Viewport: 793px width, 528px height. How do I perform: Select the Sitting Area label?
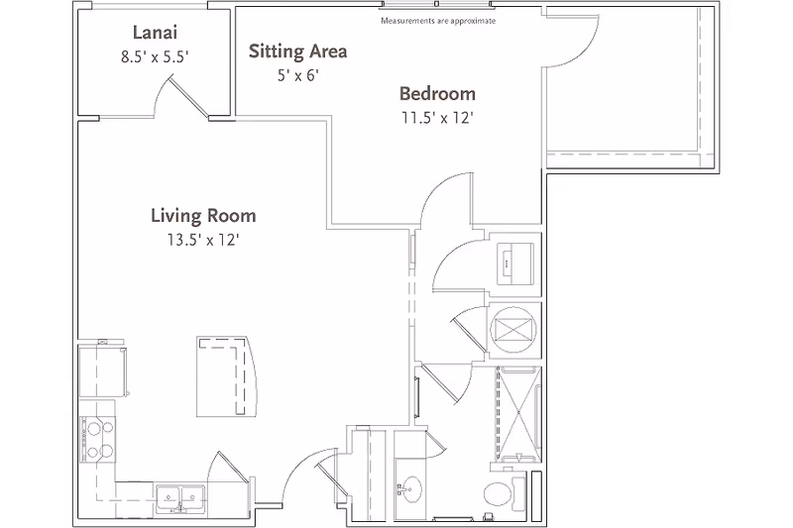point(297,52)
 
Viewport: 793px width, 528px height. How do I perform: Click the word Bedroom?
point(437,94)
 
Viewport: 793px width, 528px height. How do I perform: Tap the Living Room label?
point(203,215)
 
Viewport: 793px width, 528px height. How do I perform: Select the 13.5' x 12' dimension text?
point(203,238)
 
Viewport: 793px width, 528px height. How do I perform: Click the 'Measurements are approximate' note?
point(438,20)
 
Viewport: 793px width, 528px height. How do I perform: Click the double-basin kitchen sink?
point(179,498)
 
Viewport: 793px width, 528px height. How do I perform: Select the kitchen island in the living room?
point(225,376)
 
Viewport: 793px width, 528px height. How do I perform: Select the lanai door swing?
point(179,99)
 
